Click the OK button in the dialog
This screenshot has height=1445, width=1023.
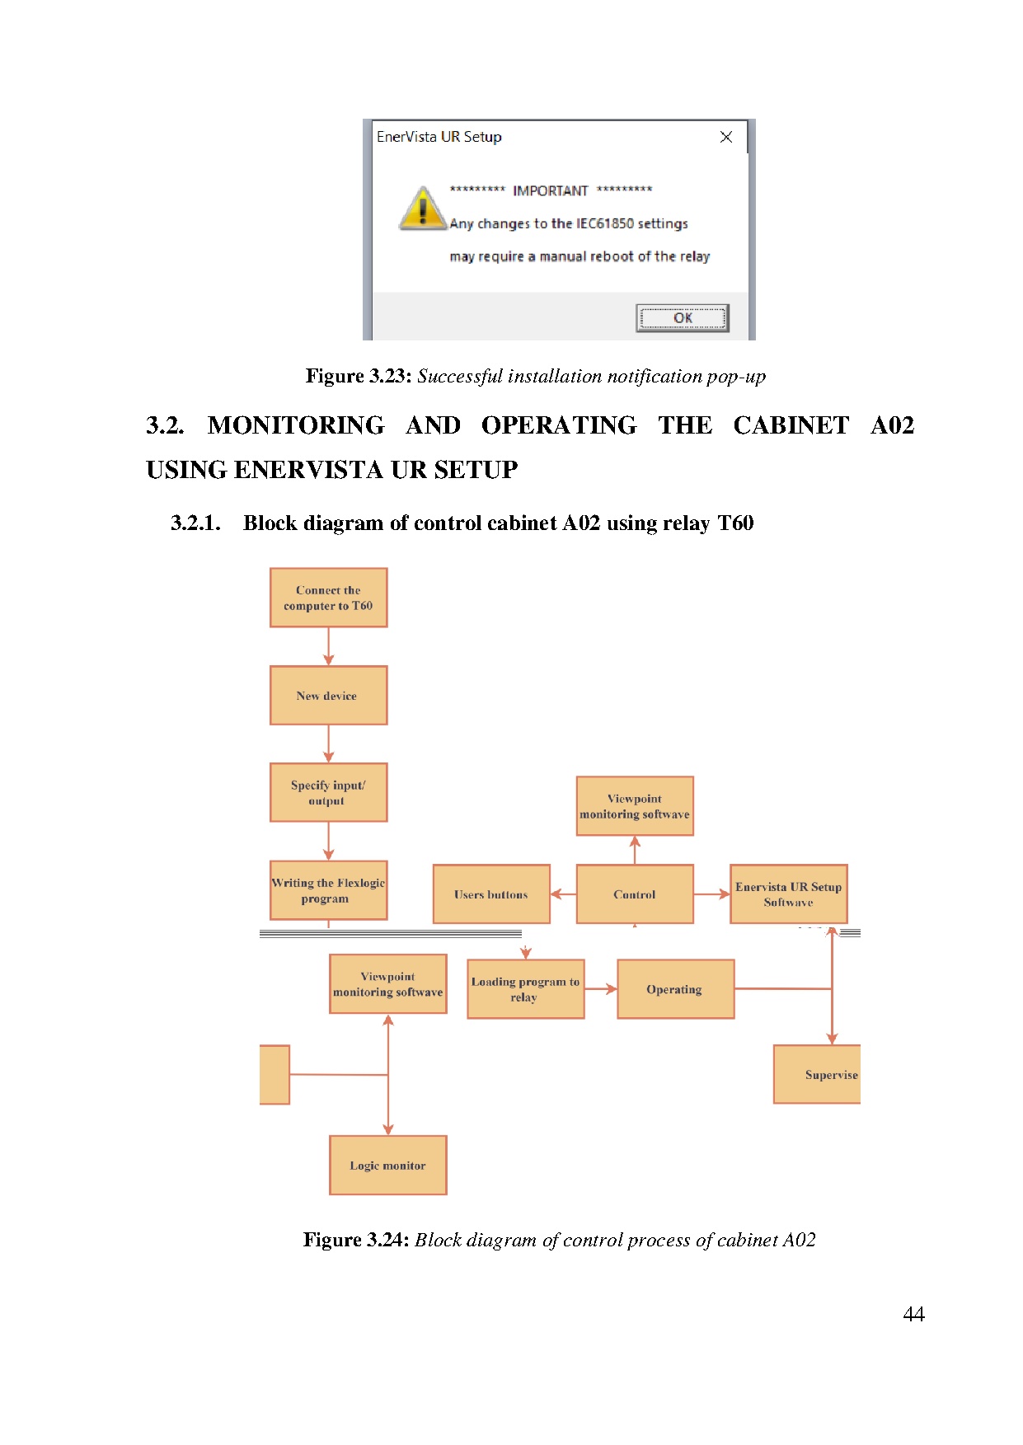(682, 318)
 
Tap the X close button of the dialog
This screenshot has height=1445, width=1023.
(725, 137)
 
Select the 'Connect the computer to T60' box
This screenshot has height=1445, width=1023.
(328, 598)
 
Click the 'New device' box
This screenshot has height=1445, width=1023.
(328, 696)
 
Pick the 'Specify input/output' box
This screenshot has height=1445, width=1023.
(328, 792)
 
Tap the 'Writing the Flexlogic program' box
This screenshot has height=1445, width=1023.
(328, 890)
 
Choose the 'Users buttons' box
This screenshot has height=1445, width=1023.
(491, 894)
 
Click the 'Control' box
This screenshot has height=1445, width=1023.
(635, 894)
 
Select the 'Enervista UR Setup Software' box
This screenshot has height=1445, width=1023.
(788, 894)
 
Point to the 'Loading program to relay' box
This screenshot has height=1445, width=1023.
(525, 989)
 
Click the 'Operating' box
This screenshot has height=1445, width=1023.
(675, 989)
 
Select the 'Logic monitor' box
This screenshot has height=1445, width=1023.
(387, 1165)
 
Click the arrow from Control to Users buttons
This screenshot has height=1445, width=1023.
(563, 894)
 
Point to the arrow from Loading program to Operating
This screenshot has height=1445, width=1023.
(601, 989)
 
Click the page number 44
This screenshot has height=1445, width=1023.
(913, 1314)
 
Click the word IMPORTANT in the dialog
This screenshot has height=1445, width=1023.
(550, 191)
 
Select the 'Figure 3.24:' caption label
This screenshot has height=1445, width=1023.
(356, 1240)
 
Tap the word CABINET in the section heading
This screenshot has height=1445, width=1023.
(791, 425)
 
